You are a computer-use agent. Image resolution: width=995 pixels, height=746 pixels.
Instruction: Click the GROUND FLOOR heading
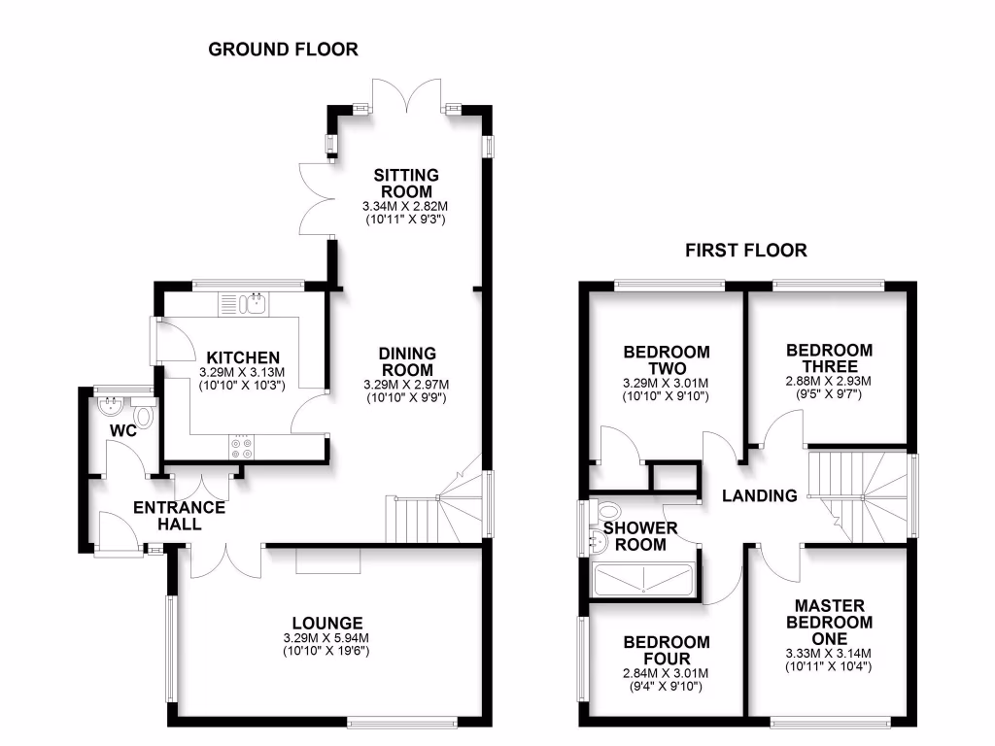point(283,49)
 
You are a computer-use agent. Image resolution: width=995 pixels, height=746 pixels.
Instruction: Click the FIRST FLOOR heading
point(746,251)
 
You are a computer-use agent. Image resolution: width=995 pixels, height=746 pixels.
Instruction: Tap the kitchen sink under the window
point(255,304)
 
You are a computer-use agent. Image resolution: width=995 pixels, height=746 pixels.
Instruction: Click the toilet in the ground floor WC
point(145,417)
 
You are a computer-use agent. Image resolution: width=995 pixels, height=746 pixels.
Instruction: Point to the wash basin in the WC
point(109,405)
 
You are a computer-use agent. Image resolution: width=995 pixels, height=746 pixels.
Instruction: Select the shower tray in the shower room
point(643,580)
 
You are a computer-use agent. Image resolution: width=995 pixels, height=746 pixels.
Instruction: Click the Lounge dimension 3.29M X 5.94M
point(326,638)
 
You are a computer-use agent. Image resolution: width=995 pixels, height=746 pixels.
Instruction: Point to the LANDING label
point(759,495)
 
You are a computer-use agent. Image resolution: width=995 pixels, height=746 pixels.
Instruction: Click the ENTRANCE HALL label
point(179,516)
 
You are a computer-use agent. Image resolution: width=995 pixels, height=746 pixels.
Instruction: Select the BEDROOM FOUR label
point(666,651)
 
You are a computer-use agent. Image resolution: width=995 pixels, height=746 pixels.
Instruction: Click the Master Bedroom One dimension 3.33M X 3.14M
point(831,653)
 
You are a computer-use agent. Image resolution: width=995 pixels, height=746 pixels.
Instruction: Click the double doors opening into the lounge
point(226,560)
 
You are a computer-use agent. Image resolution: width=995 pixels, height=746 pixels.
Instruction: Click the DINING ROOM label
point(407,361)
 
